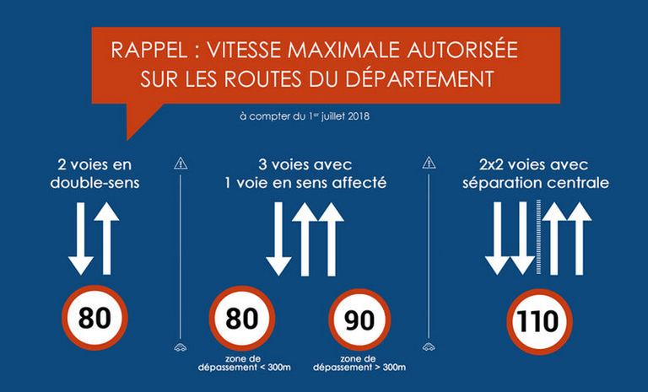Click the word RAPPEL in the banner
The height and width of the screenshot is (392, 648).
tap(149, 50)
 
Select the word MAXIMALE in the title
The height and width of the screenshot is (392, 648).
tap(344, 50)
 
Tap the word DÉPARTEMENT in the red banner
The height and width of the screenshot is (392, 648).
tap(420, 78)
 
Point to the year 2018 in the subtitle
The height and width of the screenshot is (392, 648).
tap(359, 116)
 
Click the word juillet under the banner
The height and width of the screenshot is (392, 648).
tap(333, 116)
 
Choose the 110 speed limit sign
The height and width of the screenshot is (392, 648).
tap(539, 322)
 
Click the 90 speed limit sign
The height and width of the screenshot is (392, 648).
tap(359, 320)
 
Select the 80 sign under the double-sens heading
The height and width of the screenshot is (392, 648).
tap(94, 318)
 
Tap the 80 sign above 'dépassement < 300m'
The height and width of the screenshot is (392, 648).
tap(242, 319)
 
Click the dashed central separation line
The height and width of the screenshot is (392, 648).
tap(538, 237)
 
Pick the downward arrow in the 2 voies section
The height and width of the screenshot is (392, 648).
tap(81, 239)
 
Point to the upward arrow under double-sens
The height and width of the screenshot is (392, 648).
tap(106, 239)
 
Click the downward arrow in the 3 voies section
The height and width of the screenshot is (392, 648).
tap(278, 239)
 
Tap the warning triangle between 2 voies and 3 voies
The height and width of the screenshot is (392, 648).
tap(181, 164)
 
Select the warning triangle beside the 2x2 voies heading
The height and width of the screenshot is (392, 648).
tap(429, 163)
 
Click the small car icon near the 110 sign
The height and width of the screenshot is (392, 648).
tap(429, 346)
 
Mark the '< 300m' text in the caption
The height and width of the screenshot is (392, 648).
tap(275, 367)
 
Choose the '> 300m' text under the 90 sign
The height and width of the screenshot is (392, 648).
tap(390, 367)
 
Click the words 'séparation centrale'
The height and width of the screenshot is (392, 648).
tap(536, 183)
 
